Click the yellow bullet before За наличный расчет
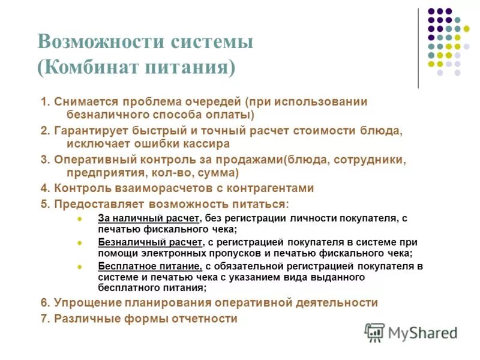[x=80, y=218]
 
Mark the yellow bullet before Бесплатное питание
[x=80, y=265]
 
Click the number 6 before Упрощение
[x=44, y=303]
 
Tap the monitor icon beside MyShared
[x=374, y=333]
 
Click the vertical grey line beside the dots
[x=418, y=48]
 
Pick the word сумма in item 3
[x=220, y=173]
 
